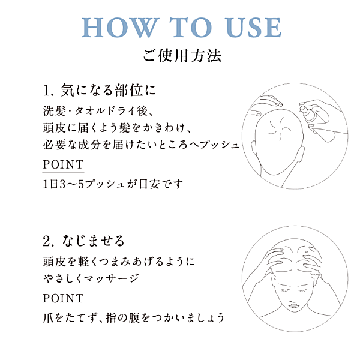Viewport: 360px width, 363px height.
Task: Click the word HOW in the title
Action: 119,28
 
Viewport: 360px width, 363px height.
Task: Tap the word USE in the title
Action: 253,28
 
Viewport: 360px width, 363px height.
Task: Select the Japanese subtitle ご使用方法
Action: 182,56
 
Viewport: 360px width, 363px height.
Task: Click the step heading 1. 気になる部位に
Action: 100,90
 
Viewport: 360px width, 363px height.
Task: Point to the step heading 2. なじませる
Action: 84,241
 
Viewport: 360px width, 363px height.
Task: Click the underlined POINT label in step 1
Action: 63,164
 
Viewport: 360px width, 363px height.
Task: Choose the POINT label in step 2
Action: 63,298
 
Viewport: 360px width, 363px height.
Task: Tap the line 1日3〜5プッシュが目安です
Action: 113,184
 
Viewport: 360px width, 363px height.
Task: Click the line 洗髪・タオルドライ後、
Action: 98,111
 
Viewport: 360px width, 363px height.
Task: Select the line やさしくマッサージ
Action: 91,278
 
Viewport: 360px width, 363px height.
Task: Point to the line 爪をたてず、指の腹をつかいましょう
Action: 134,317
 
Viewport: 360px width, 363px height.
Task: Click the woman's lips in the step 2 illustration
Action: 295,305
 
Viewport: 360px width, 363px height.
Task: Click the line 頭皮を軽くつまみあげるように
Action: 119,262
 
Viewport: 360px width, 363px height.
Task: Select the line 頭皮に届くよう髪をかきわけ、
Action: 117,128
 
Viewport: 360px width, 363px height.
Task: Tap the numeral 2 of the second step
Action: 47,241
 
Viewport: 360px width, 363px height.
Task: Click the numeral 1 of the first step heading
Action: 47,91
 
